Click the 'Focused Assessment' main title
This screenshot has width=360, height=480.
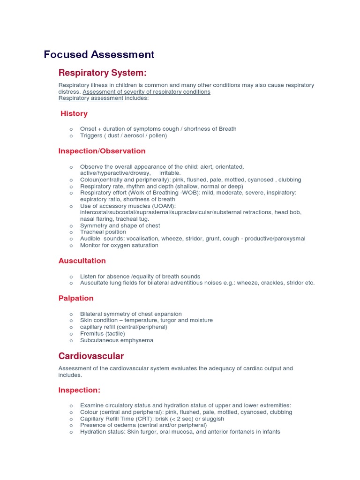click(99, 54)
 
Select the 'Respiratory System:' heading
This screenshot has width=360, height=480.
click(102, 73)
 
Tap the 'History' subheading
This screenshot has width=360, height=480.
click(74, 113)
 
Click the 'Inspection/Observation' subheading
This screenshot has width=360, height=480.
click(102, 151)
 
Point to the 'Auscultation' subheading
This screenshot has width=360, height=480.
click(82, 261)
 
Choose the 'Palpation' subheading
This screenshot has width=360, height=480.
click(76, 298)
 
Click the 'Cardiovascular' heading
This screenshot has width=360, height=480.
click(91, 356)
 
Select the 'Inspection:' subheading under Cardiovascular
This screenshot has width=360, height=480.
click(79, 390)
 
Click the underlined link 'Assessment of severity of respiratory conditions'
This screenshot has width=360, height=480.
click(146, 92)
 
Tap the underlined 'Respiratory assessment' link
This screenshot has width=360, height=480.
click(91, 98)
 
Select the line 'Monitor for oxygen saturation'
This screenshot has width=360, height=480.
click(119, 245)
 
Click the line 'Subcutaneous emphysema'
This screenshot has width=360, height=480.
click(117, 340)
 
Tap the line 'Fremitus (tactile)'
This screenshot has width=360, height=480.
click(103, 334)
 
